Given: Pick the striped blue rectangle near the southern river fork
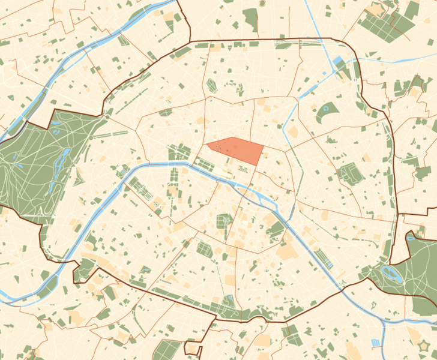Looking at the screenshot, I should click(376, 343).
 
